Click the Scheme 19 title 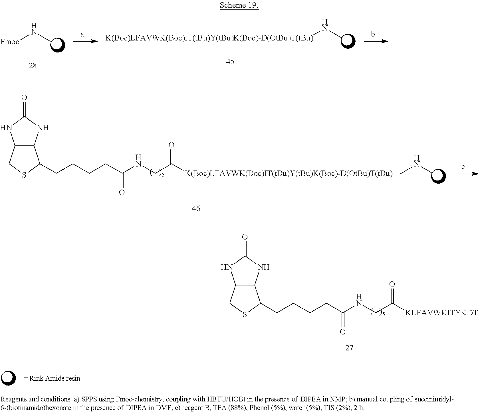click(239, 5)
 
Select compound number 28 click(33, 66)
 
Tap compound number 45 click(230, 62)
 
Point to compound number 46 click(196, 208)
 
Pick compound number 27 click(349, 348)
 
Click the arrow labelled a click(86, 41)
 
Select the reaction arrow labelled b click(376, 41)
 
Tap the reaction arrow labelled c click(466, 173)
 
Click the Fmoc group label click(10, 42)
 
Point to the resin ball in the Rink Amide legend click(8, 378)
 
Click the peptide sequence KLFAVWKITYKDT click(441, 313)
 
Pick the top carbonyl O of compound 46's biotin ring click(24, 98)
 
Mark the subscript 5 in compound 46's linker click(163, 175)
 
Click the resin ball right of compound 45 click(348, 41)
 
